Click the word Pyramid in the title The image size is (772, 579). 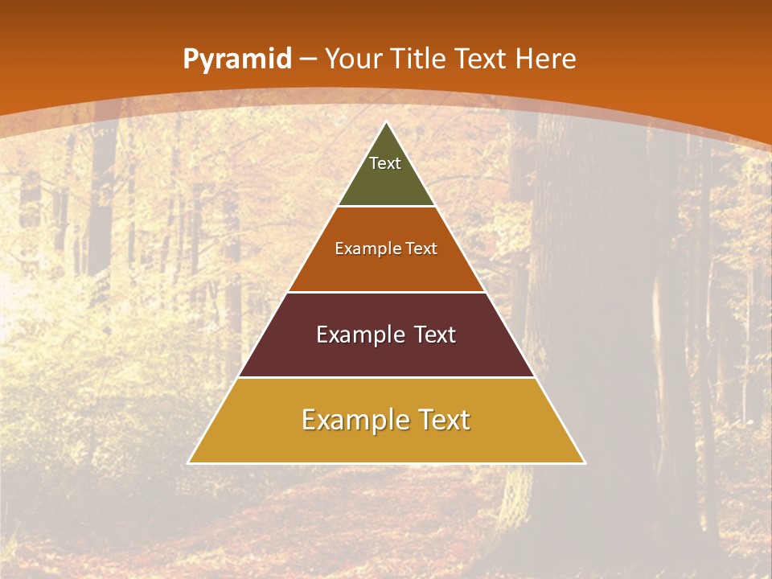(x=236, y=60)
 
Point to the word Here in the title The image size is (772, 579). (x=546, y=59)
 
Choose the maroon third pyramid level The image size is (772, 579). (x=386, y=354)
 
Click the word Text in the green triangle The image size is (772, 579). (x=385, y=163)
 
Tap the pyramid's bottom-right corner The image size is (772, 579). (x=584, y=462)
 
